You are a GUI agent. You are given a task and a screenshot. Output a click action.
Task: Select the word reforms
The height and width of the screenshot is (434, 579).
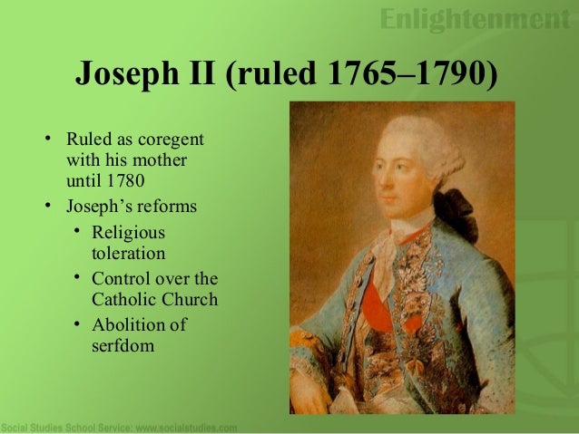tap(167, 206)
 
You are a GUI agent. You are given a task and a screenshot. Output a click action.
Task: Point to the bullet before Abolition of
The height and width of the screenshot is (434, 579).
tap(77, 324)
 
